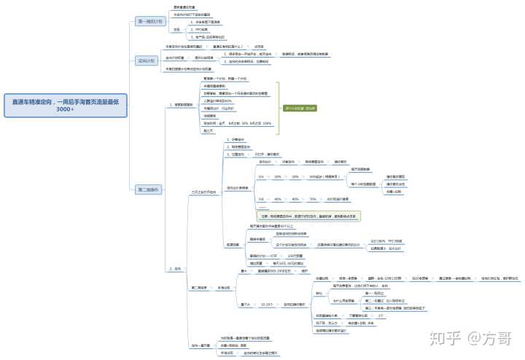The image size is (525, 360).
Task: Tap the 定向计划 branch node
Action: (x=146, y=60)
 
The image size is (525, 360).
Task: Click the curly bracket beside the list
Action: (x=279, y=107)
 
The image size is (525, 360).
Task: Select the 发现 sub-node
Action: (x=176, y=29)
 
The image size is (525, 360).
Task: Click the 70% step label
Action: (x=312, y=198)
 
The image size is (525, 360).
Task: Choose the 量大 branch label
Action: (x=244, y=271)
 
